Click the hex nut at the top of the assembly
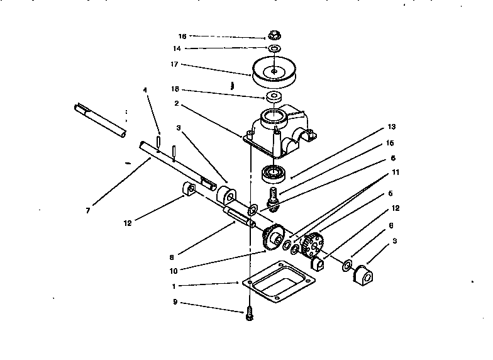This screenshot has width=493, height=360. point(274,35)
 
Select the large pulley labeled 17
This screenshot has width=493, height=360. point(274,72)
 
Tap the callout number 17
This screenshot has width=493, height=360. point(175,64)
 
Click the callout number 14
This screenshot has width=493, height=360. point(177,48)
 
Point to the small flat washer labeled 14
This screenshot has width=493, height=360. point(275,48)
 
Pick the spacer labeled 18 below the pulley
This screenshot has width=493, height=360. point(274,97)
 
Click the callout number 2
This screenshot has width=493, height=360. point(177,104)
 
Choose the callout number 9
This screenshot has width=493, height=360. point(175,302)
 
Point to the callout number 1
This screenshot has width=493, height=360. point(174,286)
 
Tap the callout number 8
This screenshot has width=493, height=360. point(171,257)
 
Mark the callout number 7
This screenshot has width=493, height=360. point(87,210)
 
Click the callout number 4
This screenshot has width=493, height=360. point(145,90)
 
